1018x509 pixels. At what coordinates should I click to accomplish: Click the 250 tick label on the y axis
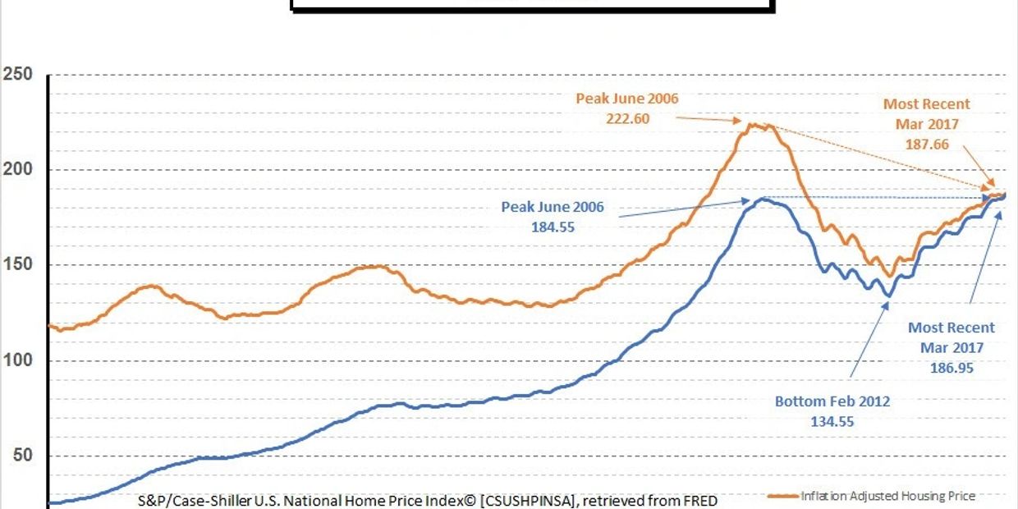(x=16, y=75)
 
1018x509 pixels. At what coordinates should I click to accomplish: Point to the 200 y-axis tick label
(x=16, y=170)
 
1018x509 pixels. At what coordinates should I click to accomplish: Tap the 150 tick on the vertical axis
(x=16, y=265)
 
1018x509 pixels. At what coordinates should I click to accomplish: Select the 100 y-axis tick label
(x=16, y=360)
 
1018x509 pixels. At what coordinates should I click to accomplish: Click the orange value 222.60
(x=627, y=118)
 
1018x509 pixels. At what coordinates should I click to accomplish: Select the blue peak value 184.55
(x=553, y=227)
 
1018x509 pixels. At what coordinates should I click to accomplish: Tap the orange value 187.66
(x=926, y=144)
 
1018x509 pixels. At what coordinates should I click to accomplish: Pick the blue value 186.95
(x=951, y=369)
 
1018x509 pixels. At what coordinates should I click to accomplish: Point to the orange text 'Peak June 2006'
(x=627, y=99)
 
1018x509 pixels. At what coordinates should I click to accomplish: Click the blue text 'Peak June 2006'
(x=553, y=207)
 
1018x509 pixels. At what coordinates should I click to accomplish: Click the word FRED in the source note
(x=695, y=500)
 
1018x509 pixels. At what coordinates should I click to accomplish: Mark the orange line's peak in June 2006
(x=751, y=125)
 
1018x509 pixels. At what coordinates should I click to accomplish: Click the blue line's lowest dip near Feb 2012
(x=887, y=296)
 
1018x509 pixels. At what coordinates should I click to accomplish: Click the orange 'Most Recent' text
(x=926, y=104)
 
